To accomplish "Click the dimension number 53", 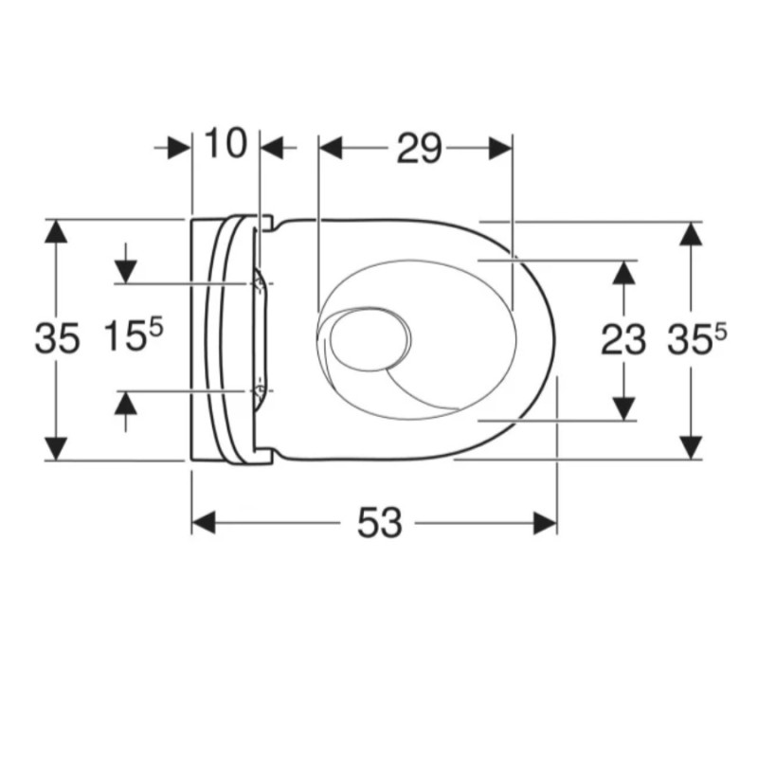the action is pyautogui.click(x=380, y=523).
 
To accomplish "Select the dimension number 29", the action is pyautogui.click(x=419, y=149).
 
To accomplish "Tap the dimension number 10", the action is pyautogui.click(x=226, y=143).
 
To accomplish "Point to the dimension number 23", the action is pyautogui.click(x=623, y=340).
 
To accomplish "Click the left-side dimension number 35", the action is pyautogui.click(x=57, y=338).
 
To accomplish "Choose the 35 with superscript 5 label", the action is pyautogui.click(x=696, y=338).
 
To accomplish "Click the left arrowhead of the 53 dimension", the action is pyautogui.click(x=204, y=523).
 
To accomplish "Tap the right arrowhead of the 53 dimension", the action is pyautogui.click(x=546, y=523).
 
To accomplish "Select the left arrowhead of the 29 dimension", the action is pyautogui.click(x=331, y=148).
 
